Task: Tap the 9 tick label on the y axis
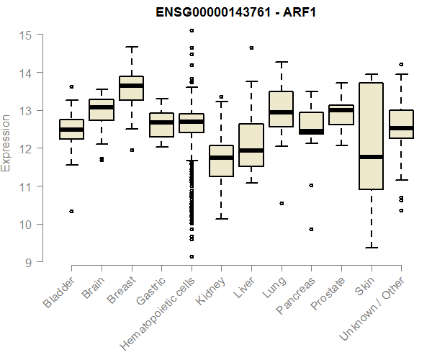click(28, 262)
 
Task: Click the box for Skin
click(371, 122)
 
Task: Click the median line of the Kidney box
click(221, 158)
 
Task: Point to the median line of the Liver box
click(251, 150)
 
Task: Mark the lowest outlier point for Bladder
click(71, 211)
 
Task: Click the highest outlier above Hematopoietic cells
click(192, 30)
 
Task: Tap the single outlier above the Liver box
click(251, 48)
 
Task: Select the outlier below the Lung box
click(282, 203)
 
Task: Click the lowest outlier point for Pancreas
click(311, 229)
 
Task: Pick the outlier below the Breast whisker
click(132, 150)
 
